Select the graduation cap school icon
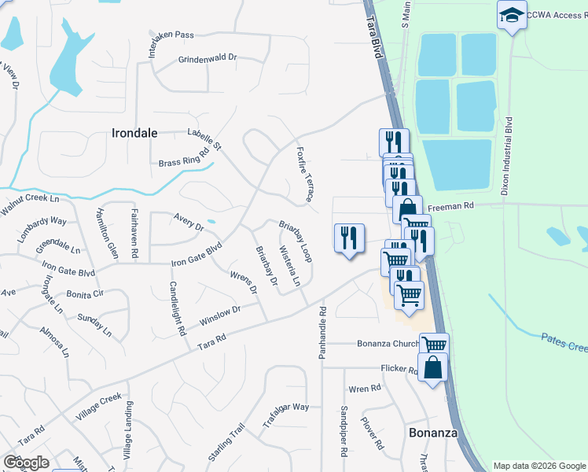tap(512, 15)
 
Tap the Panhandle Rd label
tap(322, 333)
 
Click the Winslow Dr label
tap(219, 315)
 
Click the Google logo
tap(27, 463)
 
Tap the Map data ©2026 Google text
tap(538, 466)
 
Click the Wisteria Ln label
tap(291, 267)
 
